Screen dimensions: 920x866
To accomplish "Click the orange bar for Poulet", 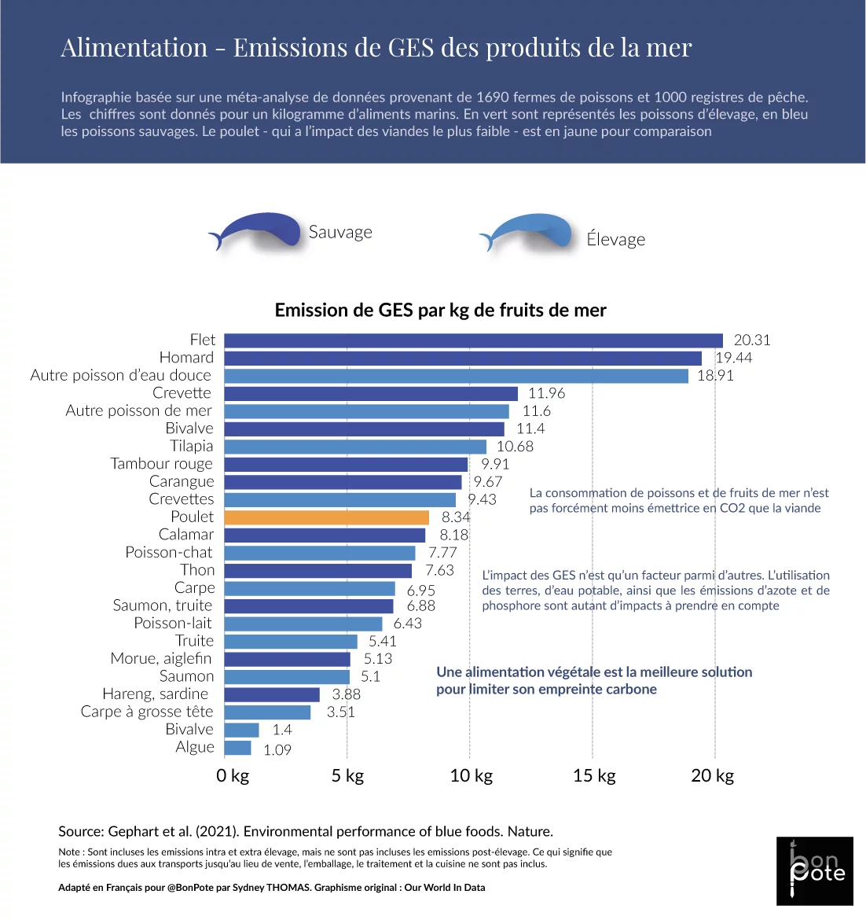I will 326,517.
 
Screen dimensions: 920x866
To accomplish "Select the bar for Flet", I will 473,340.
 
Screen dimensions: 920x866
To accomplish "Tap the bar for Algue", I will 238,748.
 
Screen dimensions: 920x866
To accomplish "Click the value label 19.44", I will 733,358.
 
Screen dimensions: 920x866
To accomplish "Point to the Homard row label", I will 186,358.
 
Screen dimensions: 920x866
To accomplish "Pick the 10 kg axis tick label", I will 471,776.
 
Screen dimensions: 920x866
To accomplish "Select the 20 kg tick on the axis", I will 712,776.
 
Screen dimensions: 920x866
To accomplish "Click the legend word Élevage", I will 615,240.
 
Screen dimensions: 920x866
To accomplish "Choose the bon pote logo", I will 815,870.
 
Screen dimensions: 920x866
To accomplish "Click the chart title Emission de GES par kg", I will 440,311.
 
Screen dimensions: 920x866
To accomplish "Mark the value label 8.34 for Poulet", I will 456,517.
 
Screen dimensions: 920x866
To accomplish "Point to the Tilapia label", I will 192,447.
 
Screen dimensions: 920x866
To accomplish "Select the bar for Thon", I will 318,571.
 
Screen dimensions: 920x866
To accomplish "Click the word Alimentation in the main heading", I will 134,48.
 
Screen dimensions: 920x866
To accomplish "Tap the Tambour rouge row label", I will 162,464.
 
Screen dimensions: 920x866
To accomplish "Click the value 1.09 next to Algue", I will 277,750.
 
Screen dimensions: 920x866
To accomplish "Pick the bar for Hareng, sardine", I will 272,695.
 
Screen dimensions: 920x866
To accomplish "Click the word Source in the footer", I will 81,832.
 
